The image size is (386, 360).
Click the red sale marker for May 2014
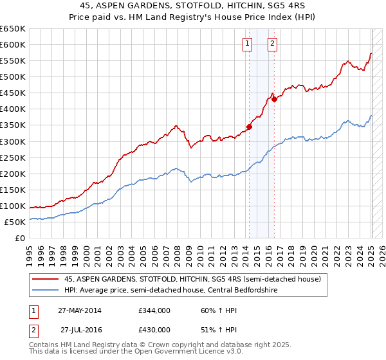[249, 127]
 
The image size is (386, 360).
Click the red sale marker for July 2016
[274, 99]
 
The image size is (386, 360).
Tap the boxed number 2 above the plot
[272, 44]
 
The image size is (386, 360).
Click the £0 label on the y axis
[21, 238]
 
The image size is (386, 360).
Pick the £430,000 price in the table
[154, 330]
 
